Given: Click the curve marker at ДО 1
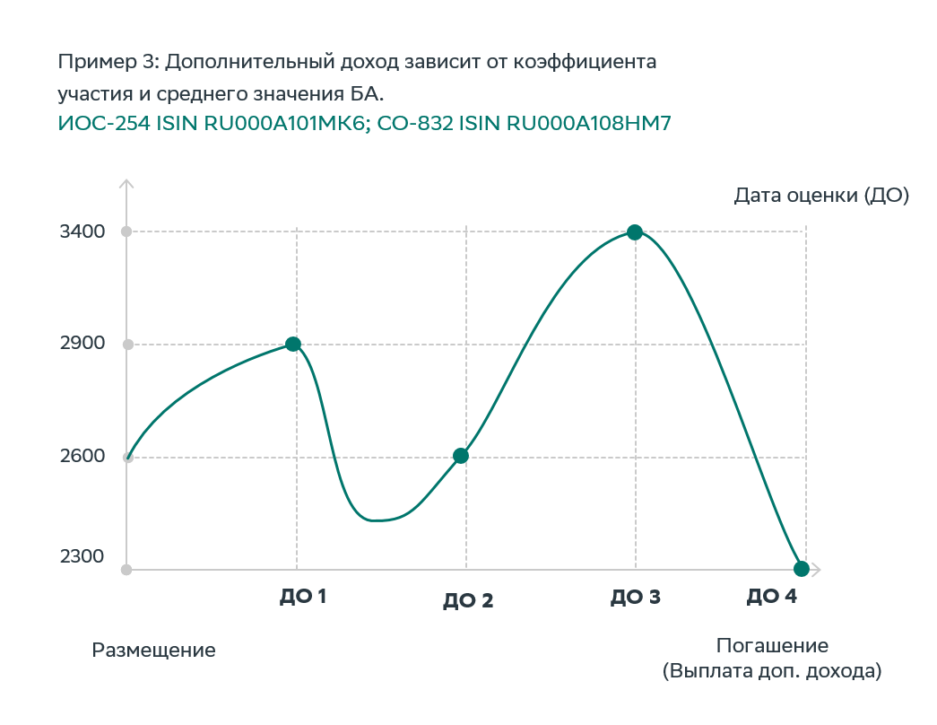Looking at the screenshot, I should tap(293, 344).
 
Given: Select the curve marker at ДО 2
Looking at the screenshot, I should tap(461, 456).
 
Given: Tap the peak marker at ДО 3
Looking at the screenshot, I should tap(635, 232).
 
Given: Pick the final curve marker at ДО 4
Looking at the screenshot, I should tap(802, 569).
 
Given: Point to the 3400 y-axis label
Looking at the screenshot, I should tap(82, 231).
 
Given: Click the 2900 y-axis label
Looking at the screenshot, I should tap(82, 344).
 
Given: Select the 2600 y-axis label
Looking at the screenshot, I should tap(82, 456).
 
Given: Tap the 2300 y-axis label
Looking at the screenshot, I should tap(82, 557).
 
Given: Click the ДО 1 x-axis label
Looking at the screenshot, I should tap(302, 596).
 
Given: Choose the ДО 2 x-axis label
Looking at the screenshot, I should tap(468, 601).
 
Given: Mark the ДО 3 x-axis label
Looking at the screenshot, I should tap(636, 597).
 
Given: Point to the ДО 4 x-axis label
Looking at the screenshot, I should tap(771, 597).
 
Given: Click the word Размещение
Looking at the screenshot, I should tap(154, 651).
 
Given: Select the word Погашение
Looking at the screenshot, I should tap(772, 646).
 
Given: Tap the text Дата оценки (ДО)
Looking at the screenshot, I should tap(821, 196).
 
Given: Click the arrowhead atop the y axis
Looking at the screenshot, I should tap(126, 184).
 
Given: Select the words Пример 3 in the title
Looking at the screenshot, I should tap(107, 63).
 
